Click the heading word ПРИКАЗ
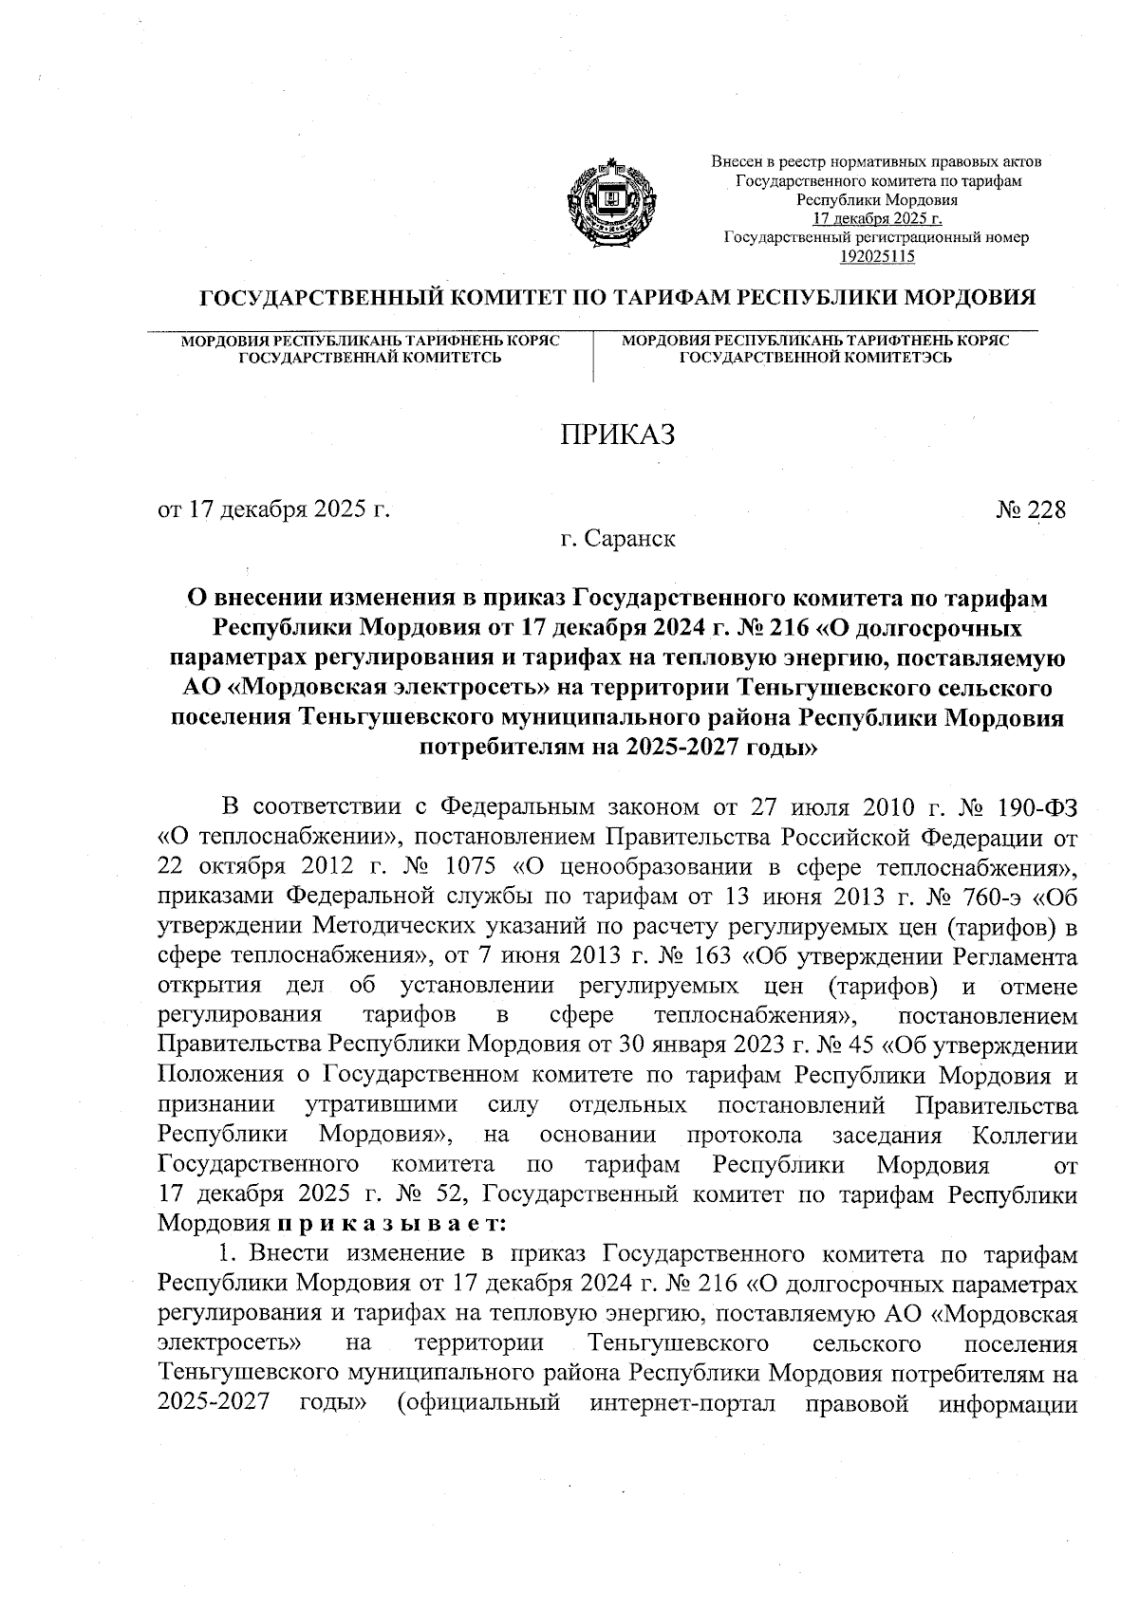618,435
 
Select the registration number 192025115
876,255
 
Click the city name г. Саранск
618,540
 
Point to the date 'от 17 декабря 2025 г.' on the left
274,510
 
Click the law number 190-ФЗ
1036,808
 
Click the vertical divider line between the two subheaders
593,356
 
